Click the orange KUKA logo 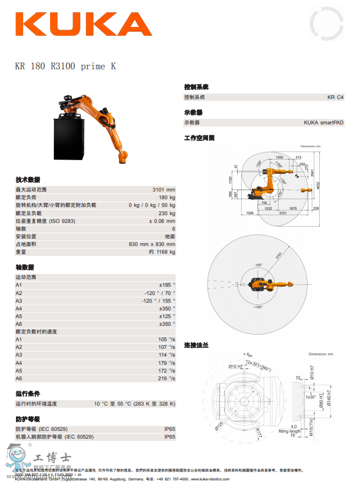[x=84, y=24]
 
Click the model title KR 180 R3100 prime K [x=66, y=67]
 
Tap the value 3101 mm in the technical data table [x=163, y=190]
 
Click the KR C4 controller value [x=335, y=97]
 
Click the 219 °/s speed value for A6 [x=167, y=379]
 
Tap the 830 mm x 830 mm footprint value [x=152, y=244]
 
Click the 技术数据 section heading [x=28, y=180]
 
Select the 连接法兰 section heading [x=196, y=345]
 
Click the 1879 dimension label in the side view [x=293, y=209]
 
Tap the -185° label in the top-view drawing [x=258, y=265]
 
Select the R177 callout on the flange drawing [x=259, y=434]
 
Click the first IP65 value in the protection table [x=170, y=429]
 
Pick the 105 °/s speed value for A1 [x=167, y=340]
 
